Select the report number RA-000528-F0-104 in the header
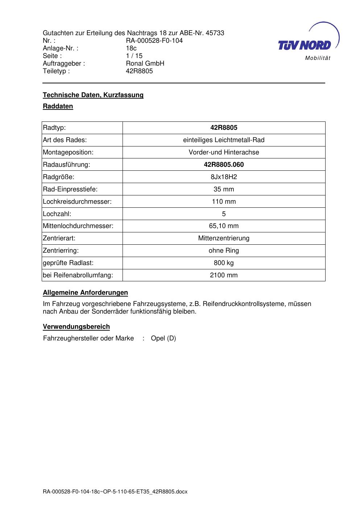pyautogui.click(x=154, y=41)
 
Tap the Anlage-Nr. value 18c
pyautogui.click(x=131, y=48)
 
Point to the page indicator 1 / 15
pyautogui.click(x=134, y=56)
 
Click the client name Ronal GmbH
pyautogui.click(x=145, y=63)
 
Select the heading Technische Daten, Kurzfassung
pyautogui.click(x=93, y=95)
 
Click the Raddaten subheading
pyautogui.click(x=58, y=106)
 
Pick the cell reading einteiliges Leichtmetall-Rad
pyautogui.click(x=224, y=140)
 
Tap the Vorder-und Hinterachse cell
pyautogui.click(x=224, y=152)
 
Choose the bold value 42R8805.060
pyautogui.click(x=224, y=165)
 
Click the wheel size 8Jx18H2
pyautogui.click(x=224, y=177)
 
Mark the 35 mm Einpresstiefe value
pyautogui.click(x=224, y=189)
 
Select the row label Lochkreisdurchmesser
pyautogui.click(x=77, y=202)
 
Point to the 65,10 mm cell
pyautogui.click(x=224, y=226)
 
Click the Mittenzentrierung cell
pyautogui.click(x=224, y=238)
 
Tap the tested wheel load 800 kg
pyautogui.click(x=224, y=263)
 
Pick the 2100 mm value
pyautogui.click(x=224, y=275)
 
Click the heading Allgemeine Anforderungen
pyautogui.click(x=86, y=293)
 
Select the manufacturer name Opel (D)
pyautogui.click(x=163, y=338)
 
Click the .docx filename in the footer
pyautogui.click(x=115, y=492)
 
